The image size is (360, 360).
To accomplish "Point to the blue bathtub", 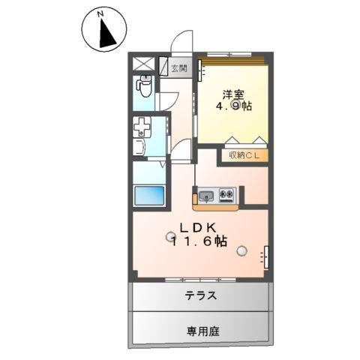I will [x=149, y=198].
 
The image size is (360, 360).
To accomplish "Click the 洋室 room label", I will [x=232, y=94].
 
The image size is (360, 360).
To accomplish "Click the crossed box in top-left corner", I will [x=143, y=64].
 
